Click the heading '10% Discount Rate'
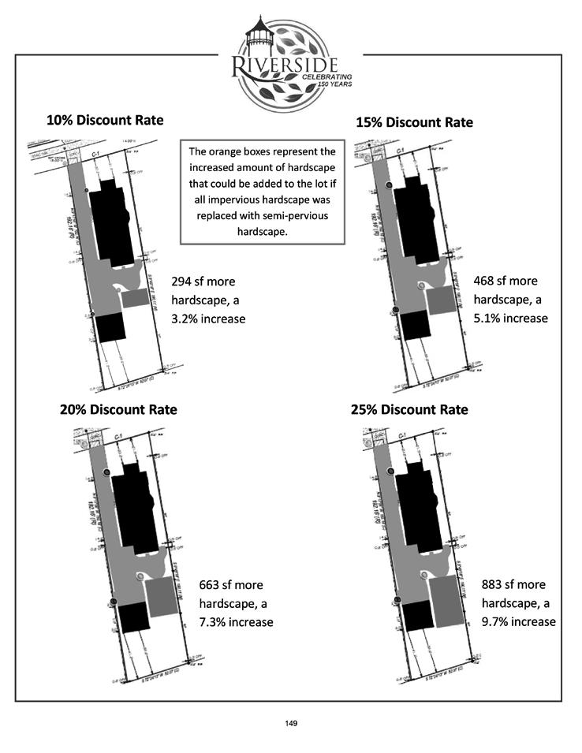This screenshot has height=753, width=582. click(105, 121)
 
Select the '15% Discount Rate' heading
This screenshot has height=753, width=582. click(414, 123)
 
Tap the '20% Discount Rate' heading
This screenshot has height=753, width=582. click(118, 410)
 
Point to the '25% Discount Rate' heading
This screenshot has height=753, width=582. click(409, 410)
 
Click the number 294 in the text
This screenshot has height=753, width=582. click(182, 281)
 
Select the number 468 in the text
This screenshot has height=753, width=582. click(484, 281)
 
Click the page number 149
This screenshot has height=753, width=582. click(290, 722)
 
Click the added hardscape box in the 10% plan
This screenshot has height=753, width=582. click(135, 298)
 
